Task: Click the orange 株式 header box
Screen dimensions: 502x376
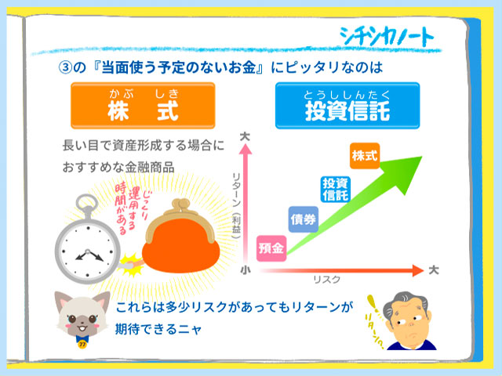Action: coord(143,106)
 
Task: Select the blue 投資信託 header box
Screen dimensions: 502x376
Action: coord(347,106)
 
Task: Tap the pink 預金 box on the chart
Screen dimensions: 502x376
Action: coord(271,248)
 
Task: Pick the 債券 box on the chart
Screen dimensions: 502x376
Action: coord(304,219)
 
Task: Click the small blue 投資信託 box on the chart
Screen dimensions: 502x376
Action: coord(335,190)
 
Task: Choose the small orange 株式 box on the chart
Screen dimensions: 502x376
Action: coord(365,156)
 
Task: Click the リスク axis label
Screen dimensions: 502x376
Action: coord(326,280)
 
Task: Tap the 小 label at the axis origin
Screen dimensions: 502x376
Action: coord(246,270)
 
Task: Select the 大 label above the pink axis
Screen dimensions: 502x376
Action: coord(245,137)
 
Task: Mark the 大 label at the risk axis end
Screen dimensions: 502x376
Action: coord(434,270)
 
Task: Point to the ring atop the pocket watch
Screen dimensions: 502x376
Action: coord(87,202)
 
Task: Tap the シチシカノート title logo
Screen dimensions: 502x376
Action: coord(387,35)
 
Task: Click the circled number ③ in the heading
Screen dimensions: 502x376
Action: coord(65,68)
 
